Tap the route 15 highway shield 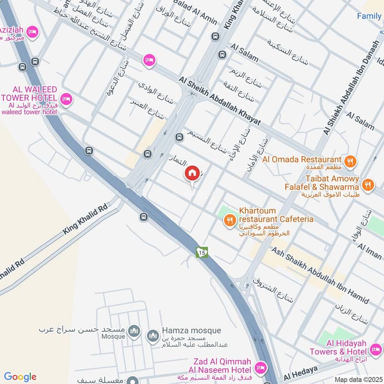(202, 252)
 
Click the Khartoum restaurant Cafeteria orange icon (230, 221)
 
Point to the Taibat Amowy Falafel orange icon (368, 184)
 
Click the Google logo (20, 377)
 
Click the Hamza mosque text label (191, 331)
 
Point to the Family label (369, 16)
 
